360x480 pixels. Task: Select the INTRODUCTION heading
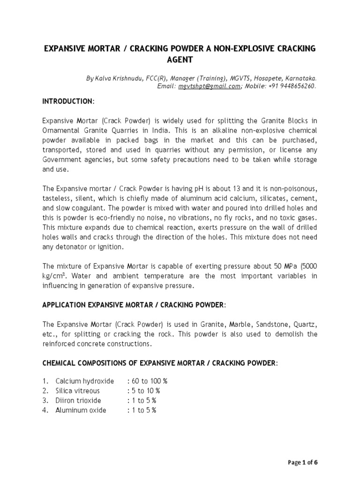pos(68,101)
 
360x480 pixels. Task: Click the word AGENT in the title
pos(180,60)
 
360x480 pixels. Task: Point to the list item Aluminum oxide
pos(81,410)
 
